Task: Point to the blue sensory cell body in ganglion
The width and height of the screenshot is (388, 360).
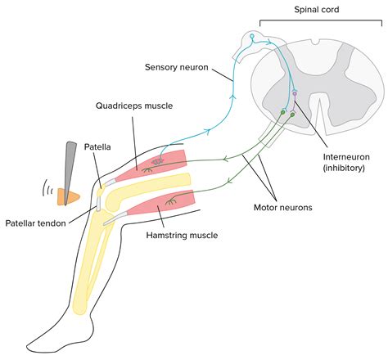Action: (253, 38)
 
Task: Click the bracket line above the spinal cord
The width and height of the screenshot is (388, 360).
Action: (319, 24)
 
